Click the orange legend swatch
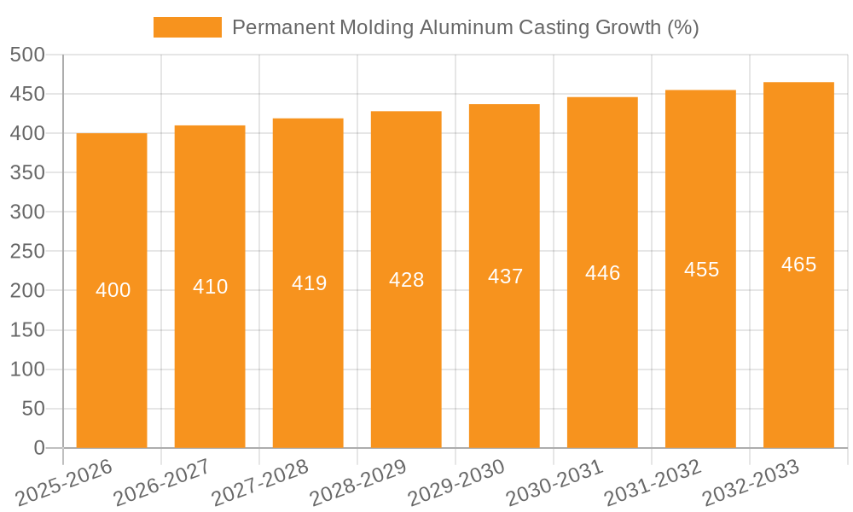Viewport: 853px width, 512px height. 187,27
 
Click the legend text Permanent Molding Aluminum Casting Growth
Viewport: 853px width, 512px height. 465,27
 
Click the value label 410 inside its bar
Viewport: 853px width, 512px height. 210,287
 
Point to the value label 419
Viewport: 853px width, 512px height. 309,283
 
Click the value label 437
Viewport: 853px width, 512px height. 505,276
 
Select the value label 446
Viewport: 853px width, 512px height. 602,273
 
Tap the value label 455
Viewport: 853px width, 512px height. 701,270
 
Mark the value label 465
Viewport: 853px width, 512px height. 798,265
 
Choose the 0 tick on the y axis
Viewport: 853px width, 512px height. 38,448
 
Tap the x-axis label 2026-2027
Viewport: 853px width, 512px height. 162,482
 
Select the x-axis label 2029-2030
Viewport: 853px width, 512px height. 456,482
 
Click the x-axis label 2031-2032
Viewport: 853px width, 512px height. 653,482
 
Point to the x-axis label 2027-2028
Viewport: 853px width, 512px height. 260,482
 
